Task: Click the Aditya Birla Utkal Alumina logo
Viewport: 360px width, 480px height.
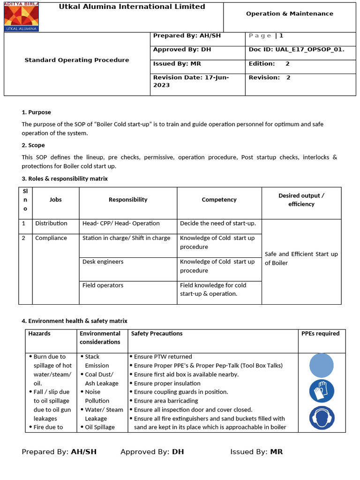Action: [22, 17]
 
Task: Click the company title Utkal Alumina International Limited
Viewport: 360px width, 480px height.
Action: [132, 7]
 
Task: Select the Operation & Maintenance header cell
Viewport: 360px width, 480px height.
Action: [289, 14]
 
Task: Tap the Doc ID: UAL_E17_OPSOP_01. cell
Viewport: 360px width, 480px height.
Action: [296, 49]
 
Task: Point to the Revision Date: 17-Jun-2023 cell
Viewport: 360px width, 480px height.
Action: [191, 81]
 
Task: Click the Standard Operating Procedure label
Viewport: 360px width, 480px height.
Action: [76, 60]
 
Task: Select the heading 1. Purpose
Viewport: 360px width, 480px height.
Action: [37, 112]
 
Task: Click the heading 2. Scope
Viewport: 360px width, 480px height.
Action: [34, 145]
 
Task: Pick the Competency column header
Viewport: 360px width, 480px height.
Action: [219, 200]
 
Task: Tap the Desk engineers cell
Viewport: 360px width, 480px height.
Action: [103, 262]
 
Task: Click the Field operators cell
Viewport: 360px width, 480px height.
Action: [103, 285]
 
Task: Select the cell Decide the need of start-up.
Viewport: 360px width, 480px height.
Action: [217, 223]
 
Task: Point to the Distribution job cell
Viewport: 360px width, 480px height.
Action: [51, 223]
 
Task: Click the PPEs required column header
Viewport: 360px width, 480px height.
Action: [320, 333]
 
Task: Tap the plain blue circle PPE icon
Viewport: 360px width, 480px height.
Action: [322, 366]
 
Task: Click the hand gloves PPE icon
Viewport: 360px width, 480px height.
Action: [322, 391]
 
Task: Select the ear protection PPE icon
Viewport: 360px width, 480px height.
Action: [322, 418]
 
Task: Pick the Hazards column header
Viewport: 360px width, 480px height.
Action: [39, 333]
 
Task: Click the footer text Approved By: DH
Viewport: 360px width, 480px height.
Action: [152, 452]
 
